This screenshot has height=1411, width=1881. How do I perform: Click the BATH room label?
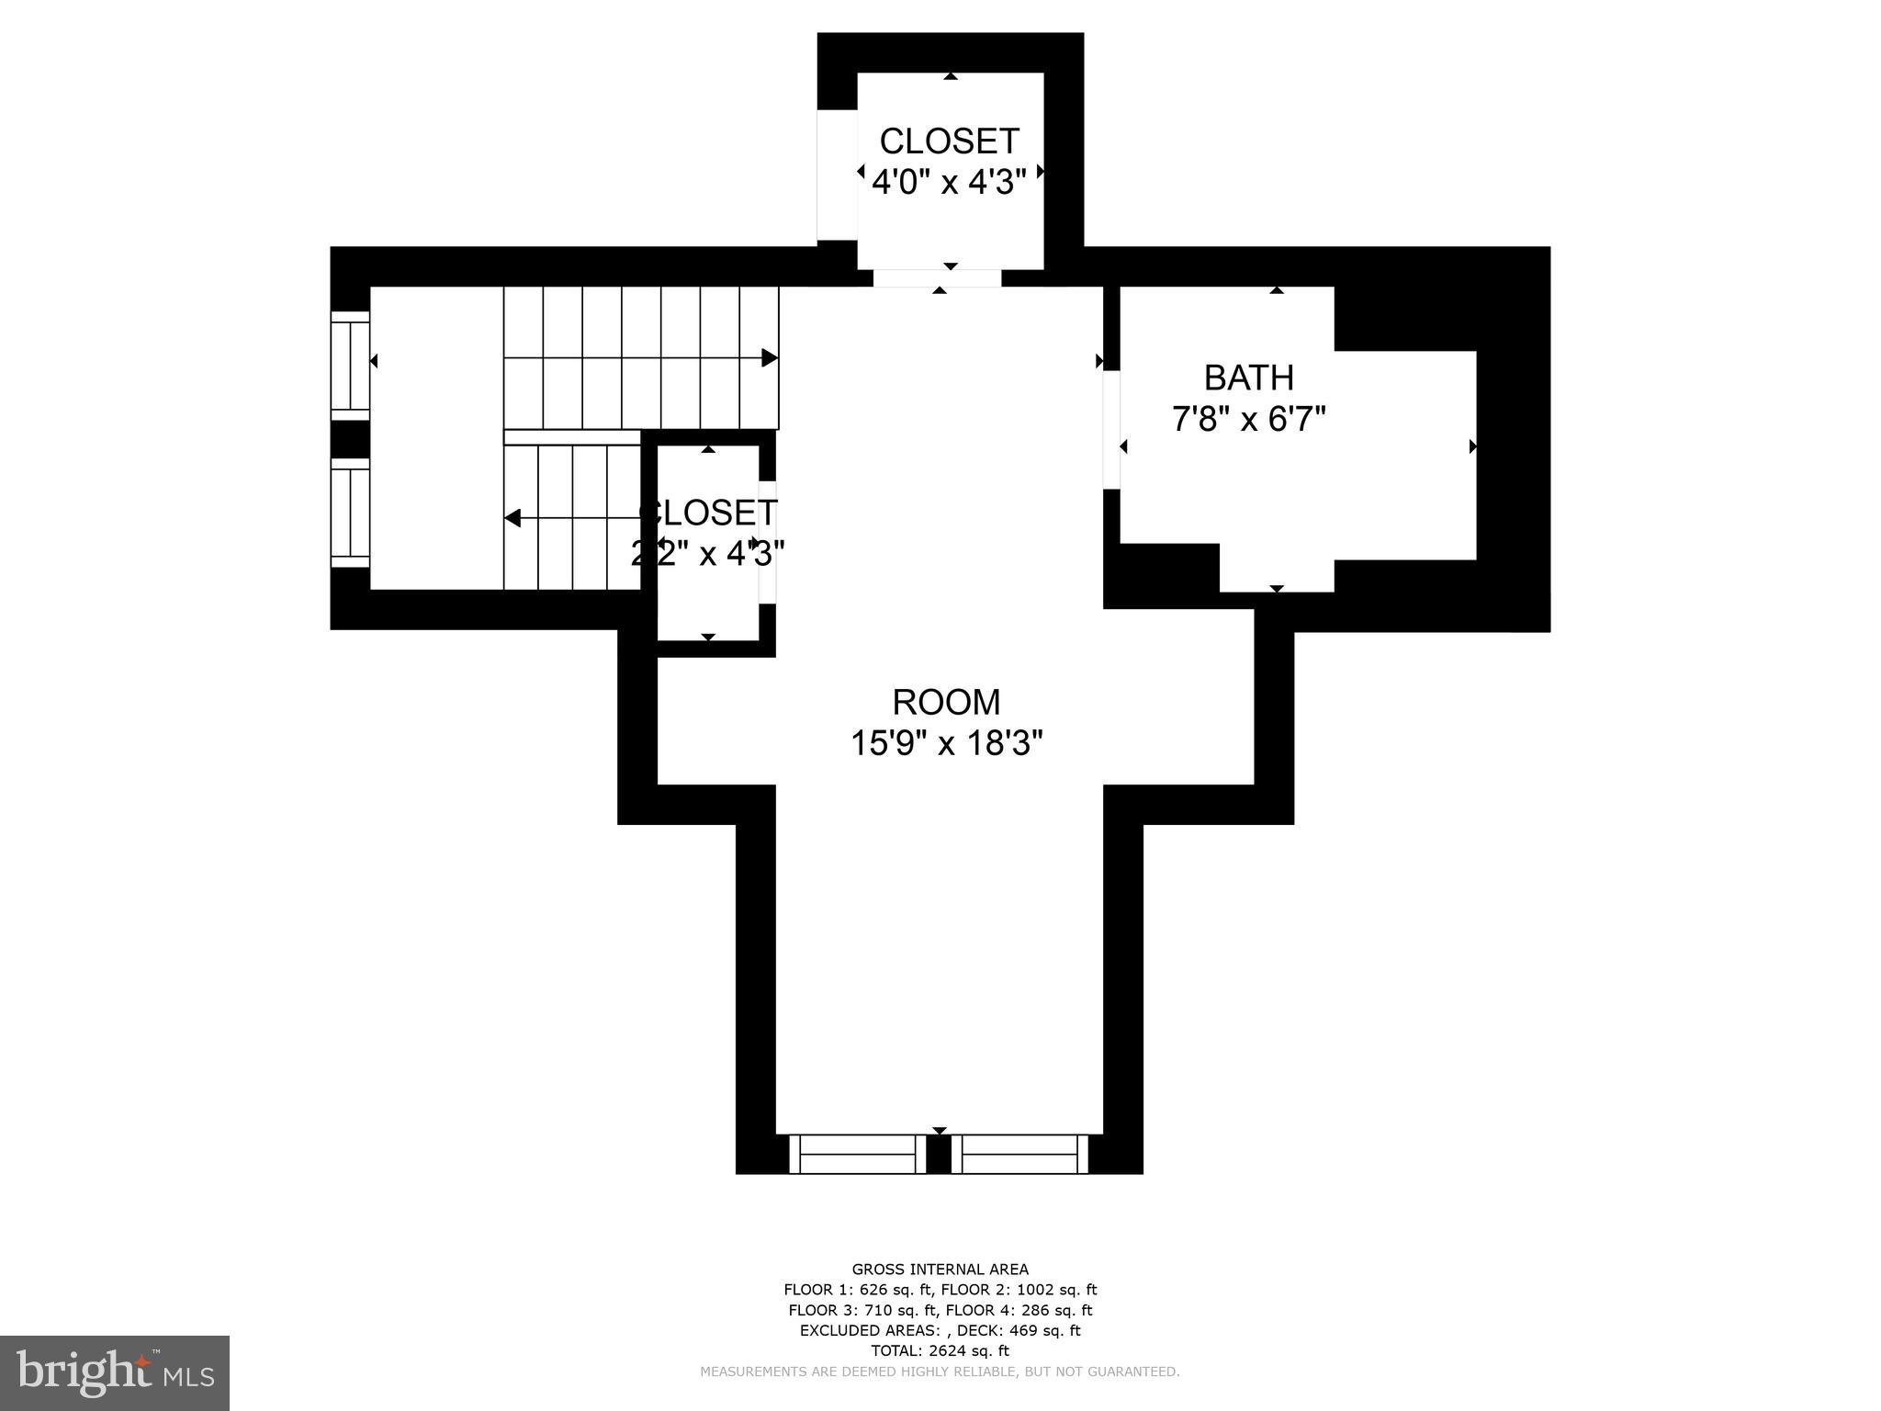click(x=1248, y=378)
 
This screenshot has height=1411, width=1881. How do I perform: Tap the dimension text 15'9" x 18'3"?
click(x=946, y=743)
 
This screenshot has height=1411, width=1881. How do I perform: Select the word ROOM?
click(x=946, y=702)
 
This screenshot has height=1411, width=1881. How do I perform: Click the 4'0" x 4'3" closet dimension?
click(x=948, y=182)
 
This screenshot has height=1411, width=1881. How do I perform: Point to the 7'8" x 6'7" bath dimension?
click(x=1248, y=420)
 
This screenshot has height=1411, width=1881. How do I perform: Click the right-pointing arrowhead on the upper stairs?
click(x=770, y=358)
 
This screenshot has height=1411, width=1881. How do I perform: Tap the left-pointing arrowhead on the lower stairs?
click(x=512, y=518)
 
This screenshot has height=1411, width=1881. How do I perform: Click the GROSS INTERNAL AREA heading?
click(x=940, y=1270)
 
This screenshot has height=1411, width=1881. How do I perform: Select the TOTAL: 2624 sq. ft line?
click(x=940, y=1350)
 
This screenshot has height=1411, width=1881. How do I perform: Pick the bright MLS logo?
click(x=115, y=1373)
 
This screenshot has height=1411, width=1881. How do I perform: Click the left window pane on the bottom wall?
click(x=857, y=1155)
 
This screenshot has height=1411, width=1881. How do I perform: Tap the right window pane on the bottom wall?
click(x=1019, y=1155)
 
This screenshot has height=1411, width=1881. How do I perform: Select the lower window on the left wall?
click(x=350, y=513)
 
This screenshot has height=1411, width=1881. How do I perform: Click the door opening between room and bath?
click(x=1111, y=430)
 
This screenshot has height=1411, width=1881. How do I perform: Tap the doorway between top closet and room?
click(x=937, y=278)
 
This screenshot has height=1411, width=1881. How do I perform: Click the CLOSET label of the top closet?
click(x=949, y=141)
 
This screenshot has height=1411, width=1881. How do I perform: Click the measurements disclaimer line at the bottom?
click(x=940, y=1371)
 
